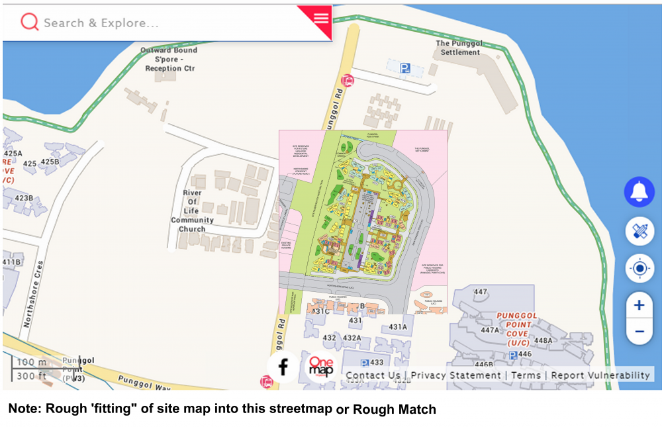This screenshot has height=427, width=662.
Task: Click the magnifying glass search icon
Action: [29, 23]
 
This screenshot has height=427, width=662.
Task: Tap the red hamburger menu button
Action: [321, 18]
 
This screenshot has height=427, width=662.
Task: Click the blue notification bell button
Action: [639, 192]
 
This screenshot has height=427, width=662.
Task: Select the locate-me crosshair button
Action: [639, 269]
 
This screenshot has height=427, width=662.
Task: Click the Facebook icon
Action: [283, 367]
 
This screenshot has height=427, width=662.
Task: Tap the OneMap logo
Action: [320, 367]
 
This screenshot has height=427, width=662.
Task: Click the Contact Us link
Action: [373, 375]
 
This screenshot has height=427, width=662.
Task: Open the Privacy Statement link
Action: [455, 375]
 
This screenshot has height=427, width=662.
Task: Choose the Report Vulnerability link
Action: [600, 375]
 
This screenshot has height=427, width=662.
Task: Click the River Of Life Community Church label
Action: [192, 211]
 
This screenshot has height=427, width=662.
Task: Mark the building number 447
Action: [481, 292]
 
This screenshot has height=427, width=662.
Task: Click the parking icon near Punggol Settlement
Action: [405, 68]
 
